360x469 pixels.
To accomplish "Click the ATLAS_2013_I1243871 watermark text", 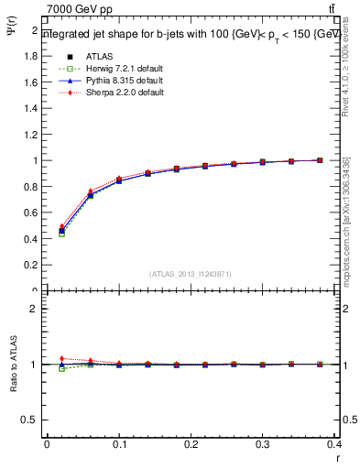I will (x=191, y=274).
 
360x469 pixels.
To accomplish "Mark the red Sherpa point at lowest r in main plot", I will (x=61, y=226).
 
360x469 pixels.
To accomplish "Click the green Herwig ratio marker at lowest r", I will (x=61, y=368).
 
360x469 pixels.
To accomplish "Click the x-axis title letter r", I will (x=338, y=457).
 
